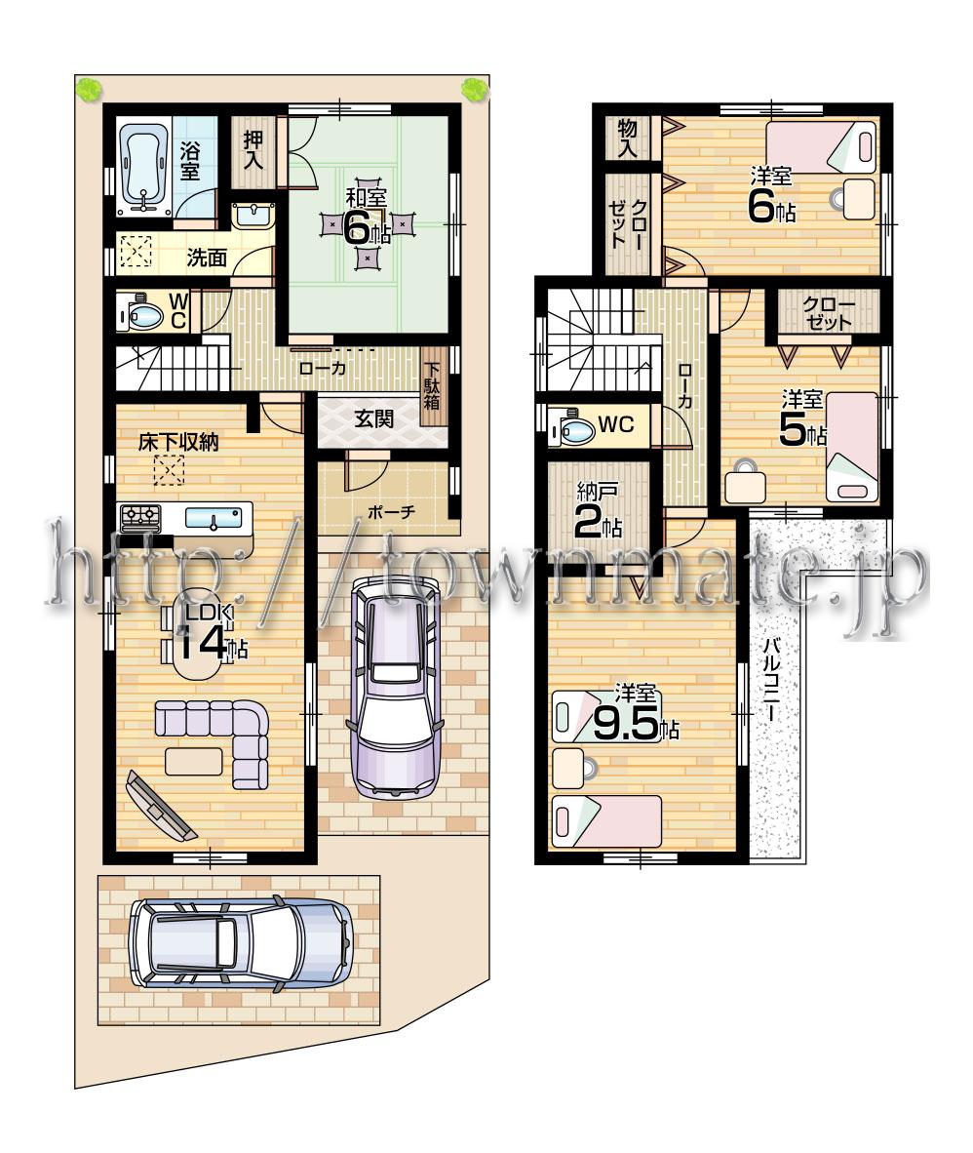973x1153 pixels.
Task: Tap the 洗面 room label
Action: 207,258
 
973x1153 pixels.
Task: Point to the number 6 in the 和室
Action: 358,230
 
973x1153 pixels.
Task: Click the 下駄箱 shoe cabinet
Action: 431,386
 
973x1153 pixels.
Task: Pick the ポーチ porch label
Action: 392,511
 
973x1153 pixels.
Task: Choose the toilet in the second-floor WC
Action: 569,426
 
